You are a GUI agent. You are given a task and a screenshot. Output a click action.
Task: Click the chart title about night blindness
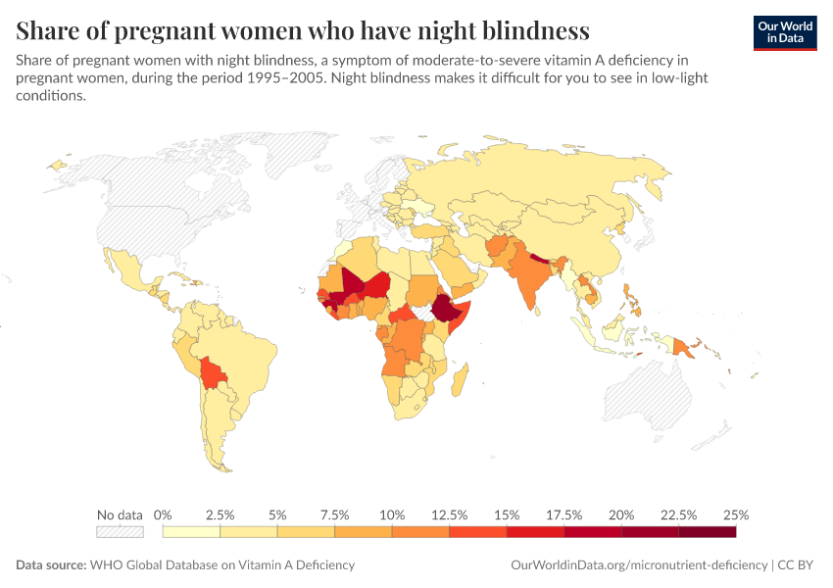click(x=303, y=30)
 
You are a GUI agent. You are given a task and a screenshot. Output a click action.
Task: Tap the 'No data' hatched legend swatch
click(x=120, y=532)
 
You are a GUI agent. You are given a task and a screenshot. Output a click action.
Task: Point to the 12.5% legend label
click(x=450, y=514)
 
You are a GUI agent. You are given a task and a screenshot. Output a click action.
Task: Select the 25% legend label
click(x=736, y=514)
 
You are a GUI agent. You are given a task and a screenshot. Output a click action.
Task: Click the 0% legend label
click(x=164, y=514)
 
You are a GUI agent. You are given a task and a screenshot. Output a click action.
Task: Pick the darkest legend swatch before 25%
click(x=707, y=532)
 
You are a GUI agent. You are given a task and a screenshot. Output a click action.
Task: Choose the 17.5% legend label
click(x=564, y=514)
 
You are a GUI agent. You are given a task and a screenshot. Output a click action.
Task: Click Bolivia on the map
click(x=212, y=372)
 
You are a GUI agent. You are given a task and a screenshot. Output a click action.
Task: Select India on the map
click(x=530, y=279)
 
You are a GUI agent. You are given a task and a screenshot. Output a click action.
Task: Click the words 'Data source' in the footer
click(x=50, y=565)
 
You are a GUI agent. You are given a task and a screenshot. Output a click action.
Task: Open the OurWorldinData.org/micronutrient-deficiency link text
click(x=640, y=565)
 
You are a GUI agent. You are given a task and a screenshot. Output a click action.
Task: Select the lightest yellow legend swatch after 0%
click(x=191, y=532)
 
